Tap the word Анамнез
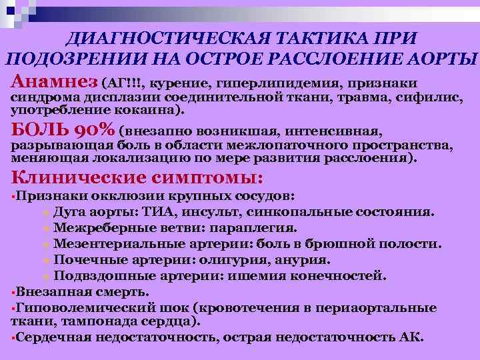pyautogui.click(x=54, y=81)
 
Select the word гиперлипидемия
pyautogui.click(x=265, y=83)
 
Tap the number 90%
pyautogui.click(x=91, y=129)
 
